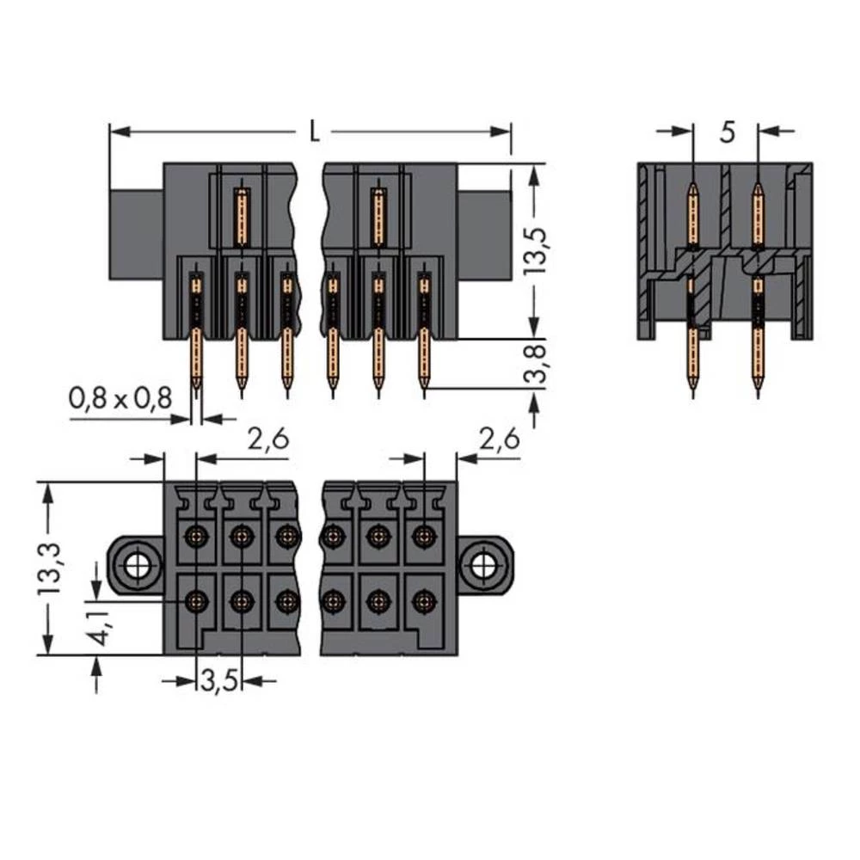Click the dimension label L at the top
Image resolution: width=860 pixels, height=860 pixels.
(x=315, y=132)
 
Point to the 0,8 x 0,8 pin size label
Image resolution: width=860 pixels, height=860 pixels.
(x=120, y=397)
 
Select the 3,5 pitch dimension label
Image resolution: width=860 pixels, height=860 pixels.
(x=218, y=685)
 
